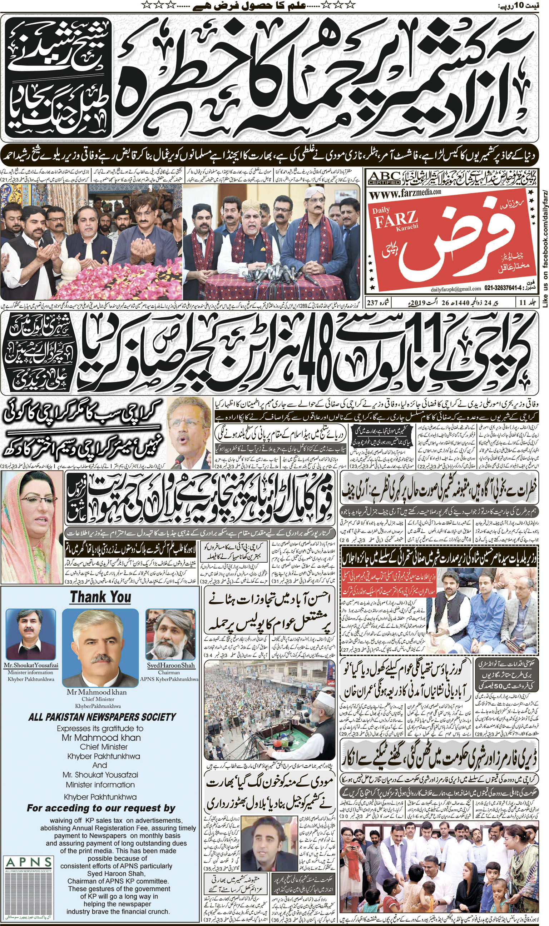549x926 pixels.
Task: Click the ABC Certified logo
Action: pos(384,178)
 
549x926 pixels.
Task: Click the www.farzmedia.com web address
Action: pos(405,193)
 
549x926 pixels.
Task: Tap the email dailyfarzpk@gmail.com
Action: pos(456,289)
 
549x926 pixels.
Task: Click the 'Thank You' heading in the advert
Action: pos(100,597)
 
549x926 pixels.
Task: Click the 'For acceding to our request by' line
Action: pos(101,808)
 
